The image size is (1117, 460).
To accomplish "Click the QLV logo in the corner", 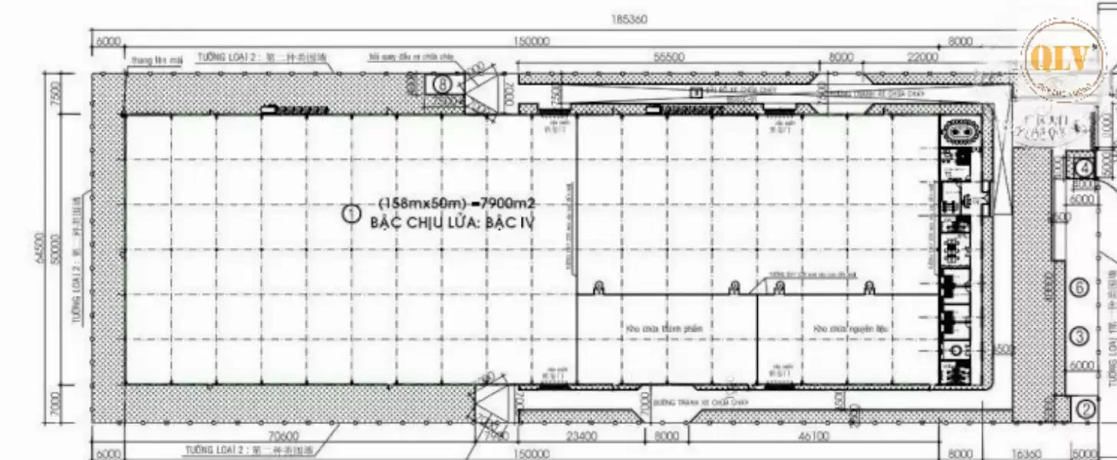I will (1065, 58).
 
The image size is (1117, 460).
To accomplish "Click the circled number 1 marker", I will (351, 214).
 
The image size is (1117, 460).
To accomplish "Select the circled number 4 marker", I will (1085, 168).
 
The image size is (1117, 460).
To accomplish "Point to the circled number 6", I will (1079, 288).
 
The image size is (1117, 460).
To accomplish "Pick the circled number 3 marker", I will (1079, 336).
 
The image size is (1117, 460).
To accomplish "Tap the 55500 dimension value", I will (670, 58).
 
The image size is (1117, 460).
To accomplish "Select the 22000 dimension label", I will (921, 58).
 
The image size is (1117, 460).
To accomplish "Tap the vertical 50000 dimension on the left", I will (54, 248).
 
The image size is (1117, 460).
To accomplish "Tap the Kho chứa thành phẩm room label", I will (664, 329).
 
